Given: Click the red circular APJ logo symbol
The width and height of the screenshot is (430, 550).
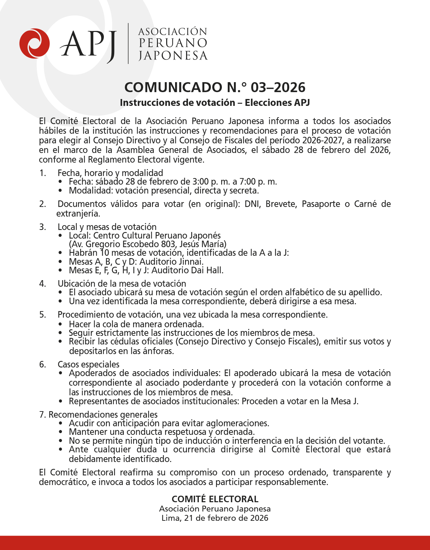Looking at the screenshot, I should [x=34, y=43].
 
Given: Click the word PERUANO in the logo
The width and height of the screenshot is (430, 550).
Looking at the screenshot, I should [x=173, y=43].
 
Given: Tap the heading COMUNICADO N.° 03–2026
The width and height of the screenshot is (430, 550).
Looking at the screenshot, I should [x=215, y=87].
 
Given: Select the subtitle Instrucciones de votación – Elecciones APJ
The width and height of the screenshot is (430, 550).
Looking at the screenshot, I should [x=215, y=103].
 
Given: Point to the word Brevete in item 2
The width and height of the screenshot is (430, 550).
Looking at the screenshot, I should [x=281, y=204].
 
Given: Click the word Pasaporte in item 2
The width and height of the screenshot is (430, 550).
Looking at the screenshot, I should [x=321, y=204].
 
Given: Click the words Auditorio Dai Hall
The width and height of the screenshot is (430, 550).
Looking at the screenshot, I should [x=187, y=270].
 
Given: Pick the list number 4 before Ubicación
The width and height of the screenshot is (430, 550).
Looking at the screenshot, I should [x=42, y=284].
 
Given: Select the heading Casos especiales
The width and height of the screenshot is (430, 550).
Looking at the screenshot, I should [x=88, y=364].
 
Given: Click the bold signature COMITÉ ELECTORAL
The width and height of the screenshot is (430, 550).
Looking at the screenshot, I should [x=215, y=499].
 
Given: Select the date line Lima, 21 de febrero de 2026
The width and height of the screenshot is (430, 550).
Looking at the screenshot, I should [x=215, y=518].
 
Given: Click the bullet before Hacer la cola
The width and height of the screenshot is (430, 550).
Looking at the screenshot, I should [x=61, y=324].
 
